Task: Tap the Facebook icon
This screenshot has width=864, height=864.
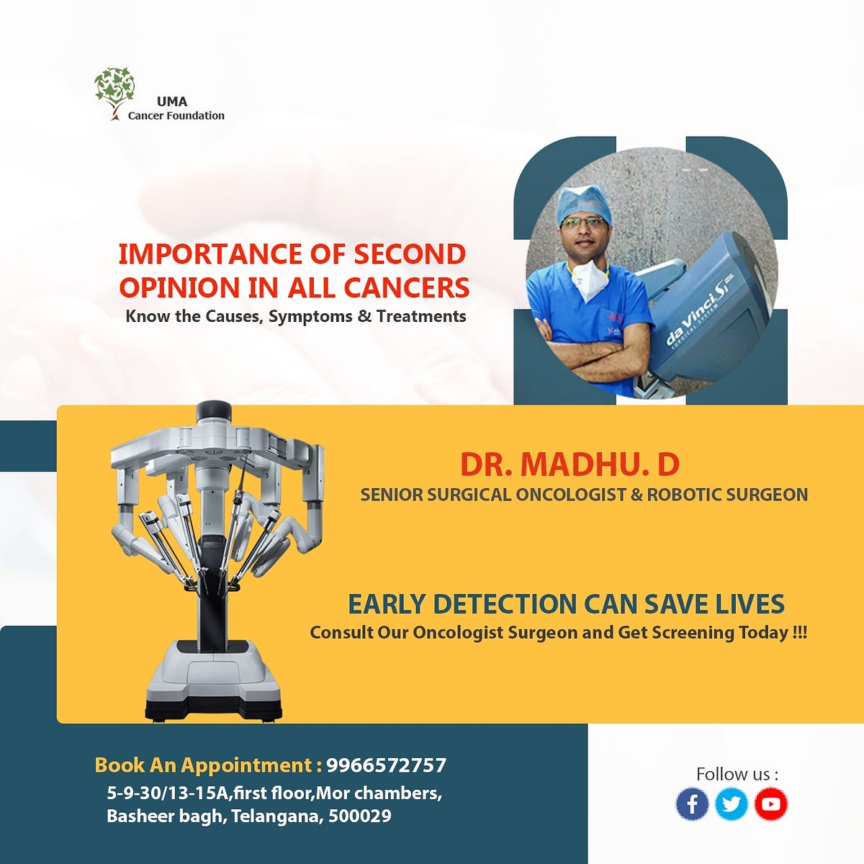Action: pyautogui.click(x=692, y=804)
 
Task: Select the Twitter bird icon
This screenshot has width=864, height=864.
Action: pyautogui.click(x=732, y=804)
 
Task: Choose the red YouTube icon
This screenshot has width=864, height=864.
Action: pyautogui.click(x=770, y=804)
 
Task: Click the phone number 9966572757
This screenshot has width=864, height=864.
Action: pyautogui.click(x=386, y=765)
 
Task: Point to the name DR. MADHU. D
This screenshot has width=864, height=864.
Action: pyautogui.click(x=570, y=465)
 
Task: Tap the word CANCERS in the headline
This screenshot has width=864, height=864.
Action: pyautogui.click(x=407, y=287)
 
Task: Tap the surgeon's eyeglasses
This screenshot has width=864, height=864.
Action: pyautogui.click(x=582, y=224)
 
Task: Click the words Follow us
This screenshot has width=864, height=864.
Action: pyautogui.click(x=737, y=774)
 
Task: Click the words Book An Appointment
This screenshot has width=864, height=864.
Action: pyautogui.click(x=208, y=765)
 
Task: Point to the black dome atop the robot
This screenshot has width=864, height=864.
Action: pyautogui.click(x=213, y=409)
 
